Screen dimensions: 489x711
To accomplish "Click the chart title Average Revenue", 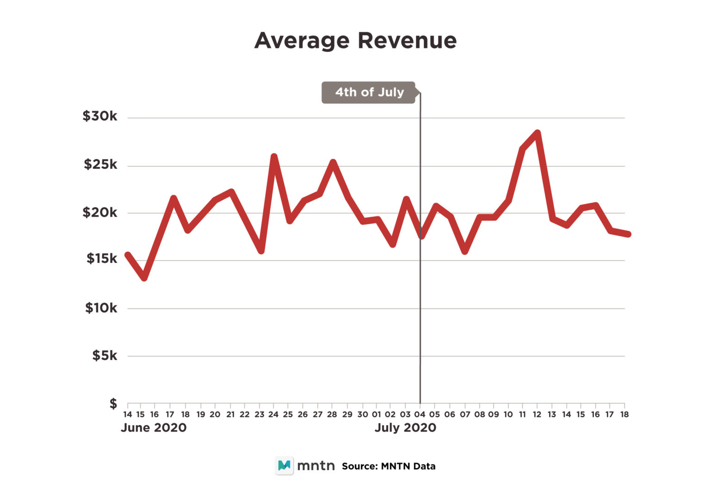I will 355,41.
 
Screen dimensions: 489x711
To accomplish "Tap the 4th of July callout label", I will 369,92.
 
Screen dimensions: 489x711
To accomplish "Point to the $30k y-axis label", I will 100,116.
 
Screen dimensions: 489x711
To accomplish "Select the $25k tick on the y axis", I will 100,164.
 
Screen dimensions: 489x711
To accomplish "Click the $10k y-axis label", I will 101,308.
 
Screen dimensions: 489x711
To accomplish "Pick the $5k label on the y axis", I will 104,355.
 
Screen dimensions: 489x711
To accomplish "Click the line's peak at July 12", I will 537,133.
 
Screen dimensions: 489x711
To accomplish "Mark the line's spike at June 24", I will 274,157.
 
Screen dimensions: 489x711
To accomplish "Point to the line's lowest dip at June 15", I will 144,278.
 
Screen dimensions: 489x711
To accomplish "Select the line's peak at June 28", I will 332,162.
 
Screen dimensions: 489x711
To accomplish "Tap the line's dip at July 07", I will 465,251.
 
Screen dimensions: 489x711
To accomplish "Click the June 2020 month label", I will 154,428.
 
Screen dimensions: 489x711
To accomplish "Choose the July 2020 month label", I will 405,428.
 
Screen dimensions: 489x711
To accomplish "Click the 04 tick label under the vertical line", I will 420,415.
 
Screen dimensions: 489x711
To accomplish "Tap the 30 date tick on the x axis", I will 362,415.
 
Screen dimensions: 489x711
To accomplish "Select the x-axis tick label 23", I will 259,415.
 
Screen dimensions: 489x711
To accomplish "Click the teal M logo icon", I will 284,465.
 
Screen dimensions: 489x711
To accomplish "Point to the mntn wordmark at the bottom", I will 316,465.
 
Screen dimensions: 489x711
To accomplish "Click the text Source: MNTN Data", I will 388,466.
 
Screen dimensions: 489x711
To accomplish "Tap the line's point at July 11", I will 523,148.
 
